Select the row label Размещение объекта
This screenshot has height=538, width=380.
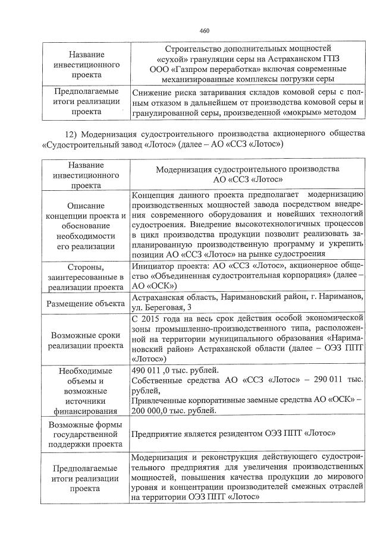tap(84, 304)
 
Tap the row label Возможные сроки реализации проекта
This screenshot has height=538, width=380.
tap(84, 339)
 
